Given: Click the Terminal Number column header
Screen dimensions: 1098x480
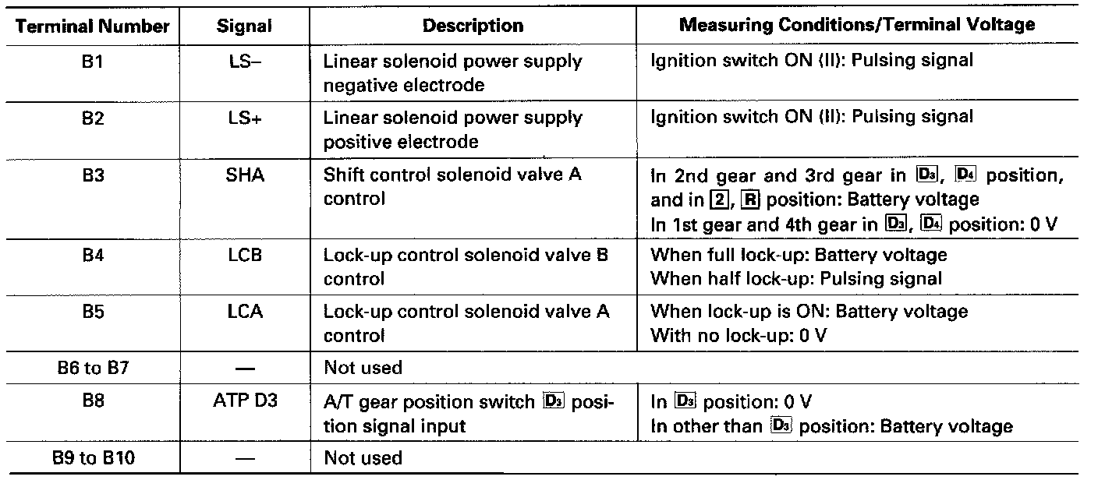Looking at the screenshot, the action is click(92, 26).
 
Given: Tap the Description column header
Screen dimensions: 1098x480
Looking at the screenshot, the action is click(473, 26).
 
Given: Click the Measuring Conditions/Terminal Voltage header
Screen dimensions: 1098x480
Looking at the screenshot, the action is click(857, 24).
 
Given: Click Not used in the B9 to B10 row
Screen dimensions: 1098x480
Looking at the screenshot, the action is click(363, 458).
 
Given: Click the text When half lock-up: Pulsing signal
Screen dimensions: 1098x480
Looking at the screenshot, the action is click(796, 278).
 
